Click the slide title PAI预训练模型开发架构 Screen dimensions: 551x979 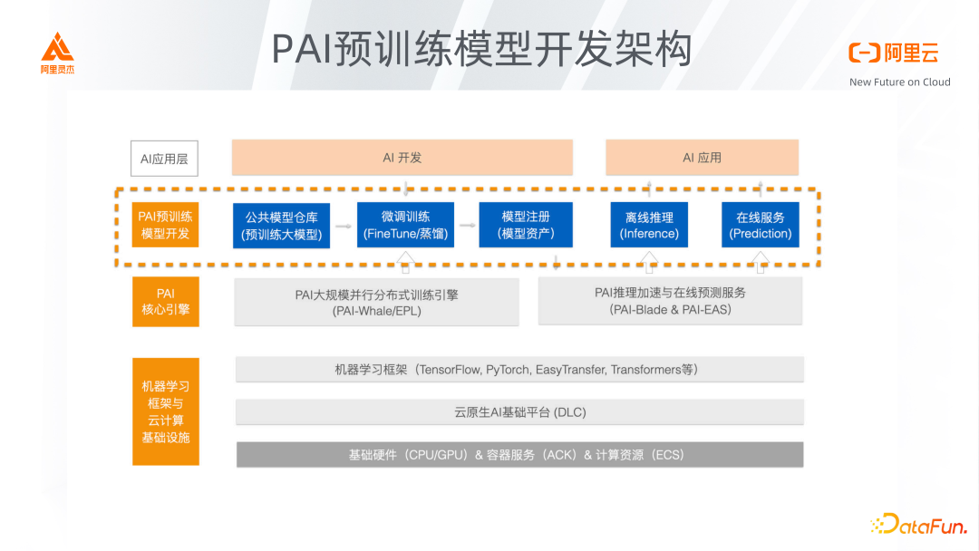coord(481,49)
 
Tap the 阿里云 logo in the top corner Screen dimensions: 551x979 coord(893,53)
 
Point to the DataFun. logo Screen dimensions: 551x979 coord(918,524)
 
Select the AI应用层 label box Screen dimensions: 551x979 coord(164,159)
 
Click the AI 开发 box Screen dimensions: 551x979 coord(402,158)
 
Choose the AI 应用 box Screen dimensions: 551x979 coord(702,158)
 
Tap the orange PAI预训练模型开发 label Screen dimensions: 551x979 coord(165,225)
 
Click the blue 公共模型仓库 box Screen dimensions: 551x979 coord(282,226)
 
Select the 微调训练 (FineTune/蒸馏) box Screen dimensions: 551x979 coord(404,225)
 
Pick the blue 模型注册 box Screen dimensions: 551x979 coord(526,225)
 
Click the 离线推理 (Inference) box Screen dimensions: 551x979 coord(649,225)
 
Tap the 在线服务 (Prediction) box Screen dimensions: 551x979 coord(760,225)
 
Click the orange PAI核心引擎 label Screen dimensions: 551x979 coord(165,302)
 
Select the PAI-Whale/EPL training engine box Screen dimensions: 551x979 coord(376,302)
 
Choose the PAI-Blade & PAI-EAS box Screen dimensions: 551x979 coord(670,301)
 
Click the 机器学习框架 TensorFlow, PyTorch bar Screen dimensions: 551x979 coord(519,370)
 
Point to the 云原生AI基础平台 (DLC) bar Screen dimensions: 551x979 coord(519,412)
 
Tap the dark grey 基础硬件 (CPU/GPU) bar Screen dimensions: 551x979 coord(519,454)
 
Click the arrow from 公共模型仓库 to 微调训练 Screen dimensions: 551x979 coord(343,224)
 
